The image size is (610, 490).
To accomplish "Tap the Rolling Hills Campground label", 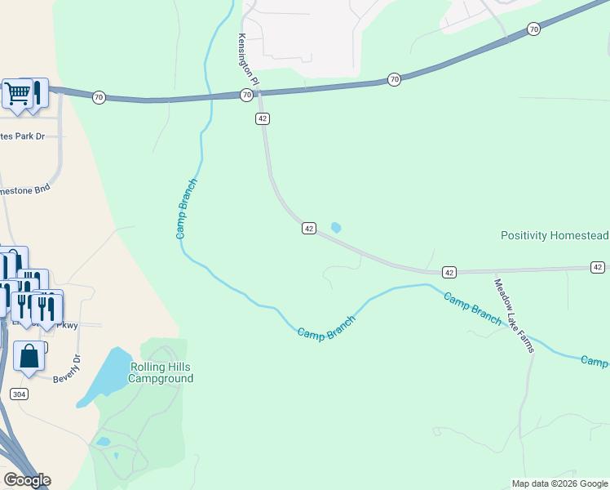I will click(161, 372).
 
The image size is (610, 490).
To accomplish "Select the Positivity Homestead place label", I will click(555, 235).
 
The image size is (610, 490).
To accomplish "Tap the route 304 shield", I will click(20, 394).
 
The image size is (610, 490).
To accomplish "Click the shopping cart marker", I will click(17, 92).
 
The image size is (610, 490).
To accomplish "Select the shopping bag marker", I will click(29, 357).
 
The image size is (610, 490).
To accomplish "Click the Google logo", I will click(27, 480).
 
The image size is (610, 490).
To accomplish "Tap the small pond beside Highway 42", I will click(336, 228).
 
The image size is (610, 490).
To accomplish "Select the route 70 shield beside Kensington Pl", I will click(246, 96).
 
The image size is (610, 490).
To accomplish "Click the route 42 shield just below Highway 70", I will click(262, 118).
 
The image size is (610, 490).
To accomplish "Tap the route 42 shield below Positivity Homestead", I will click(598, 267).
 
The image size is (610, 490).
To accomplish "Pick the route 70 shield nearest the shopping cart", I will click(99, 97).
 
